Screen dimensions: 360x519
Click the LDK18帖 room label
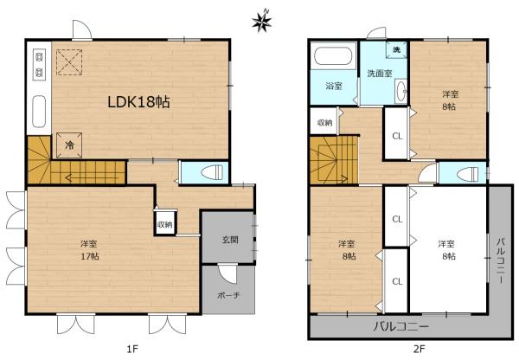(138, 101)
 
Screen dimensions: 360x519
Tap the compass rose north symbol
(260, 21)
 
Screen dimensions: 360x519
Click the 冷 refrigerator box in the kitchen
(68, 146)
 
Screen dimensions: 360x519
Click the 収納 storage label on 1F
(164, 224)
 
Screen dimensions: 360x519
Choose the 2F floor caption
(418, 349)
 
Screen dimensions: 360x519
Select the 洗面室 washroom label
(377, 74)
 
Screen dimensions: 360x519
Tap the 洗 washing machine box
(396, 51)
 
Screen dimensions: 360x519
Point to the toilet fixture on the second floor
(467, 172)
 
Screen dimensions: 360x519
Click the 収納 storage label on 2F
(324, 123)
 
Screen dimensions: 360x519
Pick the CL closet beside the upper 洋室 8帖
(396, 136)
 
